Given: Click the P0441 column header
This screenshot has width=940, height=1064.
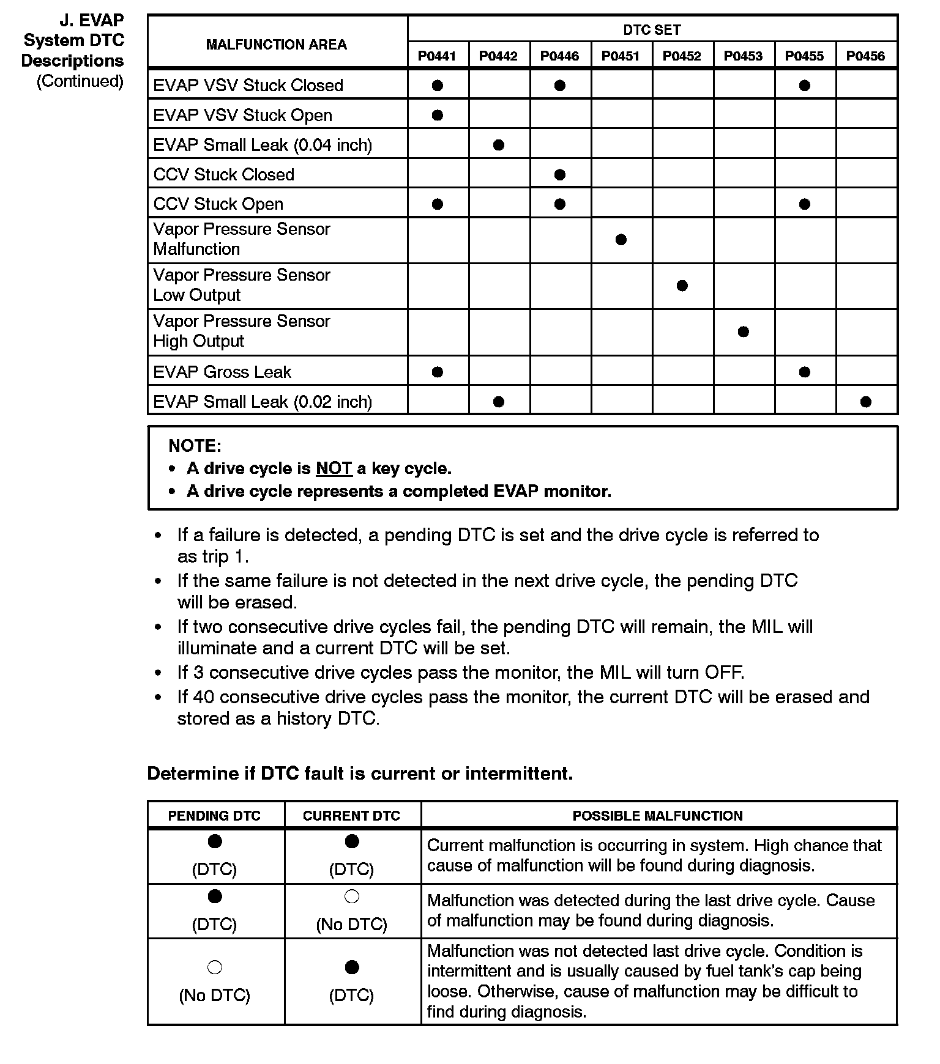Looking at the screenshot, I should point(437,56).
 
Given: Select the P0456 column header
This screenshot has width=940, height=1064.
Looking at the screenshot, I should point(865,56).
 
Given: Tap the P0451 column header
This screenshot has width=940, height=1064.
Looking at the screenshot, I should point(621,56).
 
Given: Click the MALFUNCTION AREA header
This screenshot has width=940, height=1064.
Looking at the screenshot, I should point(277,45).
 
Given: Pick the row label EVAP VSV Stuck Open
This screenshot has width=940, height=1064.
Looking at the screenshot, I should point(243,115).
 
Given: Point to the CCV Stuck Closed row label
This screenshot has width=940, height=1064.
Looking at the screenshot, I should point(224,174).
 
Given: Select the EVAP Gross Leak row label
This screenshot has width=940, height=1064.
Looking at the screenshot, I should point(222,372).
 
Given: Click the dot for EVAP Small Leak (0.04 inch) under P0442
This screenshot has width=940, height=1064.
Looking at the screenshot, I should point(499,145).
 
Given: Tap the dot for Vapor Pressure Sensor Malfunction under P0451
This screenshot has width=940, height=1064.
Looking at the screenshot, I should point(621,240).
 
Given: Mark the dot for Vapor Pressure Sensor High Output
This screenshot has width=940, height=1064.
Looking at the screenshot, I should point(744,332).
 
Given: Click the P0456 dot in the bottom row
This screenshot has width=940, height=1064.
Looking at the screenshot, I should point(866,402).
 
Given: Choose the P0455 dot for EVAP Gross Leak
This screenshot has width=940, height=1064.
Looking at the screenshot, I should point(805,372).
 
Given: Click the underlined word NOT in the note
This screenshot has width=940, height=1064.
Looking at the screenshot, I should point(334,468).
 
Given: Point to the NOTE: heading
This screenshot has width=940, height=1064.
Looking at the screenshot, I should point(195,446).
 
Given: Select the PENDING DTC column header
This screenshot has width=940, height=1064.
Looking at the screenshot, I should point(214,816).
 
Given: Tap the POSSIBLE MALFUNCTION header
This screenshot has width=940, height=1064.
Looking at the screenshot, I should point(657,816).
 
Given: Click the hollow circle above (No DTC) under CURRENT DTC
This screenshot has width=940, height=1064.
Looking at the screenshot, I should point(352,897).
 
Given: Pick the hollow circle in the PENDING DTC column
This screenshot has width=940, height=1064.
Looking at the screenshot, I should point(215,968).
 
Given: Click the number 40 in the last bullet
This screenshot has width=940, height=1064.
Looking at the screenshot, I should point(203,697).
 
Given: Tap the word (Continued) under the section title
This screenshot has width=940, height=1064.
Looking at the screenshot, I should point(80,81).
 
